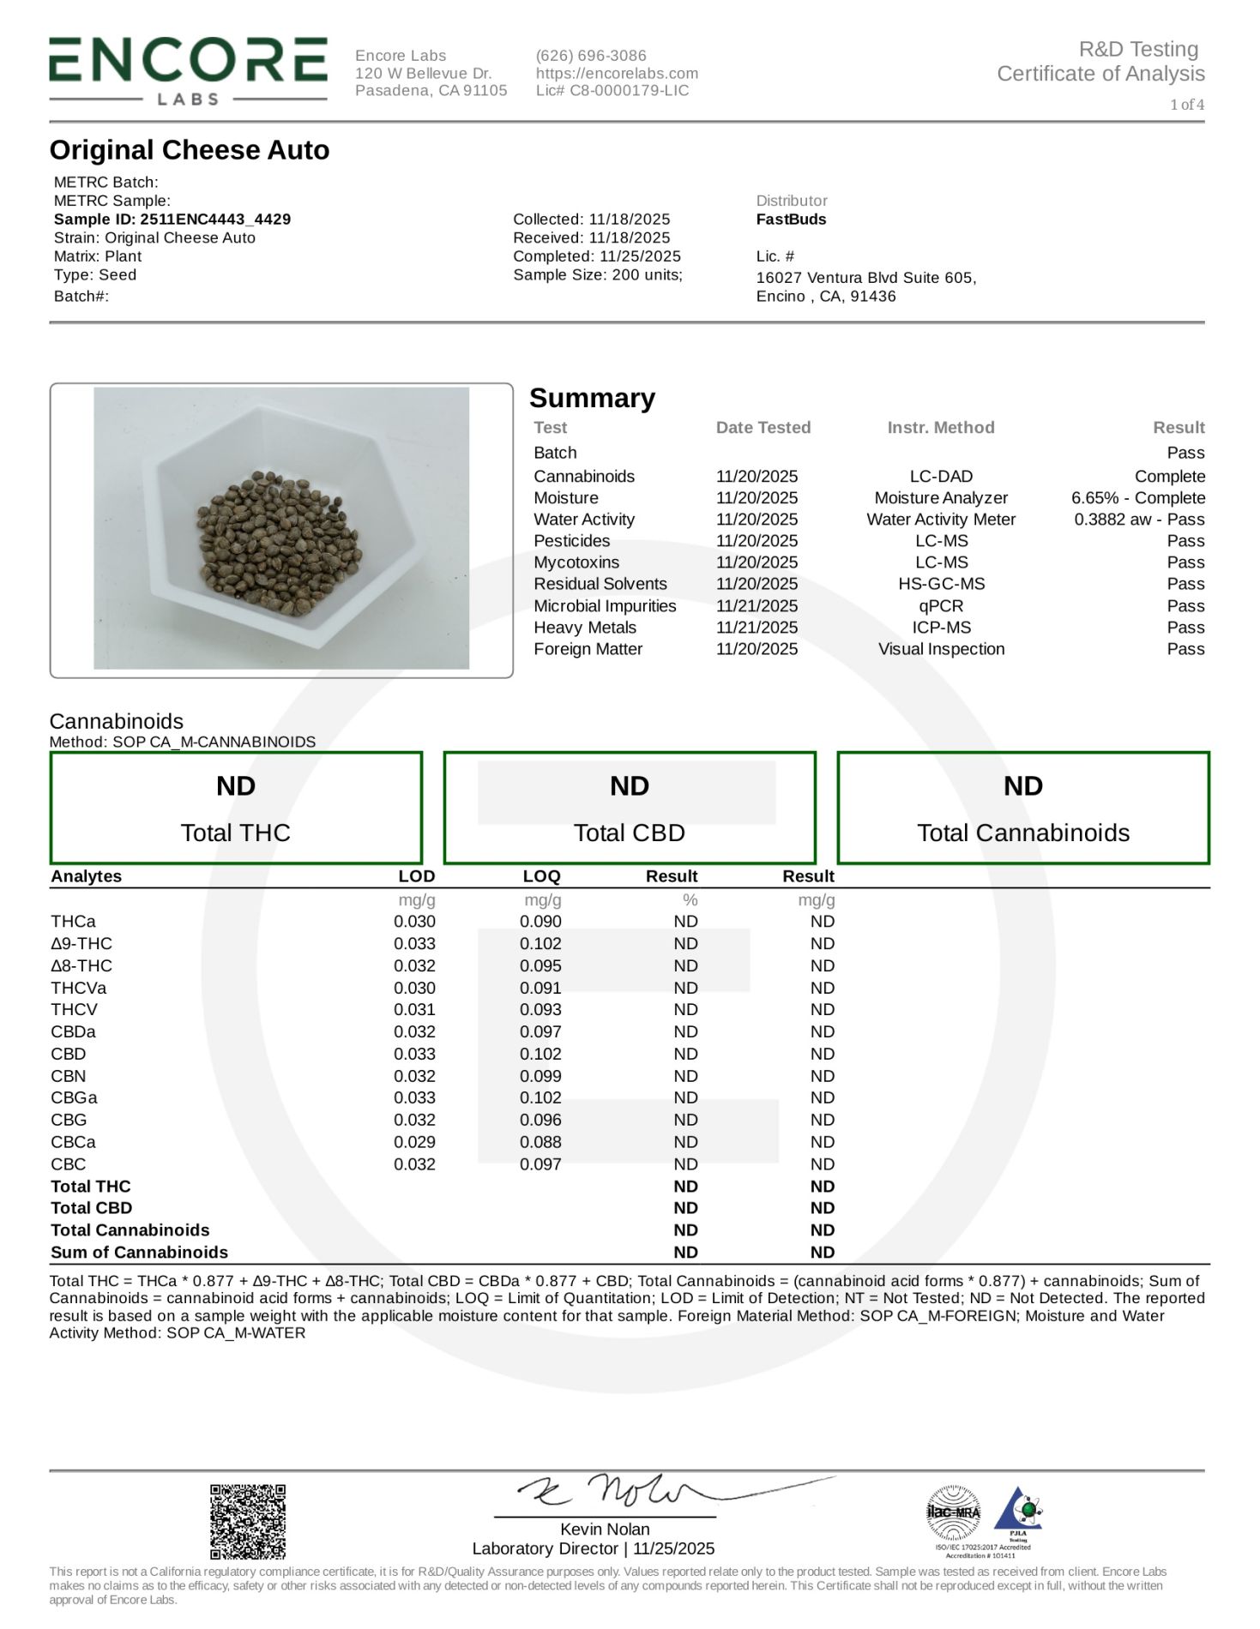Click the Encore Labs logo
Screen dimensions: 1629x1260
coord(188,71)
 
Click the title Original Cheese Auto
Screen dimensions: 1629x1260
coord(190,150)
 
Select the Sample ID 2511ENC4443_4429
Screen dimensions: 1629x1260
coord(172,219)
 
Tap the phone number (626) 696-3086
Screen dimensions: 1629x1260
coord(591,56)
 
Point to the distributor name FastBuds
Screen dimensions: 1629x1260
coord(791,219)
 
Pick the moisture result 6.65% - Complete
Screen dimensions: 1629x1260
coord(1137,498)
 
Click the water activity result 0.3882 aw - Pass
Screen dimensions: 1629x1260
coord(1138,520)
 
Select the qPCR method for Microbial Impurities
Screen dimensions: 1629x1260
coord(941,606)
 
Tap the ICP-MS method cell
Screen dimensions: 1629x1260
coord(941,628)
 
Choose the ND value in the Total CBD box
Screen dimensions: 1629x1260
coord(629,786)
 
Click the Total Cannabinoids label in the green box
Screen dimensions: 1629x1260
coord(1022,833)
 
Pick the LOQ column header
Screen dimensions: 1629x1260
coord(541,876)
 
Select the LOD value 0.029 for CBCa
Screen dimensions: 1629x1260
coord(414,1142)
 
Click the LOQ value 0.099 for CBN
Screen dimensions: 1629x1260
coord(540,1076)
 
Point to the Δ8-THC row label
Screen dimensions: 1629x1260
coord(81,965)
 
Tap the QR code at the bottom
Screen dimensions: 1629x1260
coord(248,1522)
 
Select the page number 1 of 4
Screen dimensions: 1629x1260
coord(1186,105)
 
